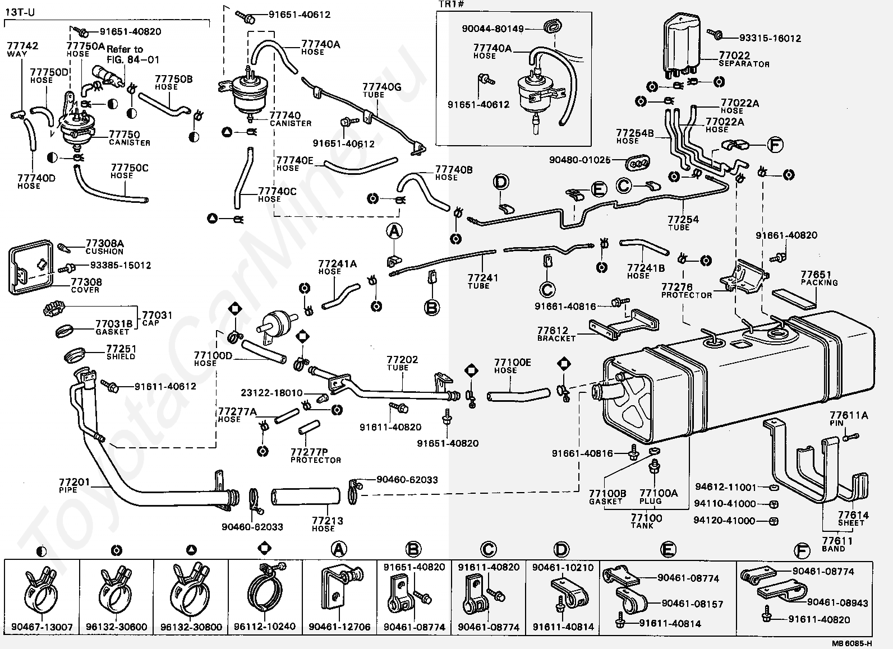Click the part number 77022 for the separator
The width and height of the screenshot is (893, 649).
click(x=734, y=55)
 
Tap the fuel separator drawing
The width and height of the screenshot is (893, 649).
click(x=682, y=47)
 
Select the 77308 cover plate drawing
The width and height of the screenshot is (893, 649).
click(x=31, y=267)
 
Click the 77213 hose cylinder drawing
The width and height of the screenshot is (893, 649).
click(x=305, y=497)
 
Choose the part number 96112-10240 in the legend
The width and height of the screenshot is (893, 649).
click(x=265, y=627)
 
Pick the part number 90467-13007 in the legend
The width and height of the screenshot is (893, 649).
click(x=42, y=627)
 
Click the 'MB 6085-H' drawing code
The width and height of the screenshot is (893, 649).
click(x=851, y=643)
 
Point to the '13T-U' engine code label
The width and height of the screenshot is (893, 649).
click(x=20, y=12)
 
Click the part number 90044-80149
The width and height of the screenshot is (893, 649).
click(x=492, y=29)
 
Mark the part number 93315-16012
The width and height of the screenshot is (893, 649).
click(x=770, y=38)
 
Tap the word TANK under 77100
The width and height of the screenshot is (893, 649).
click(x=642, y=526)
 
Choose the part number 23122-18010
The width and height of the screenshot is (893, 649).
click(x=271, y=393)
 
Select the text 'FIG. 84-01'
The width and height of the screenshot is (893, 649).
click(x=133, y=60)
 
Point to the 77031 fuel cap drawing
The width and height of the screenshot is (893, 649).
click(x=54, y=309)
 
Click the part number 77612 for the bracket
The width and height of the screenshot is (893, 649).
click(x=553, y=330)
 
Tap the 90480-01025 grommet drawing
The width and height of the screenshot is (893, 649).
click(x=637, y=162)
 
